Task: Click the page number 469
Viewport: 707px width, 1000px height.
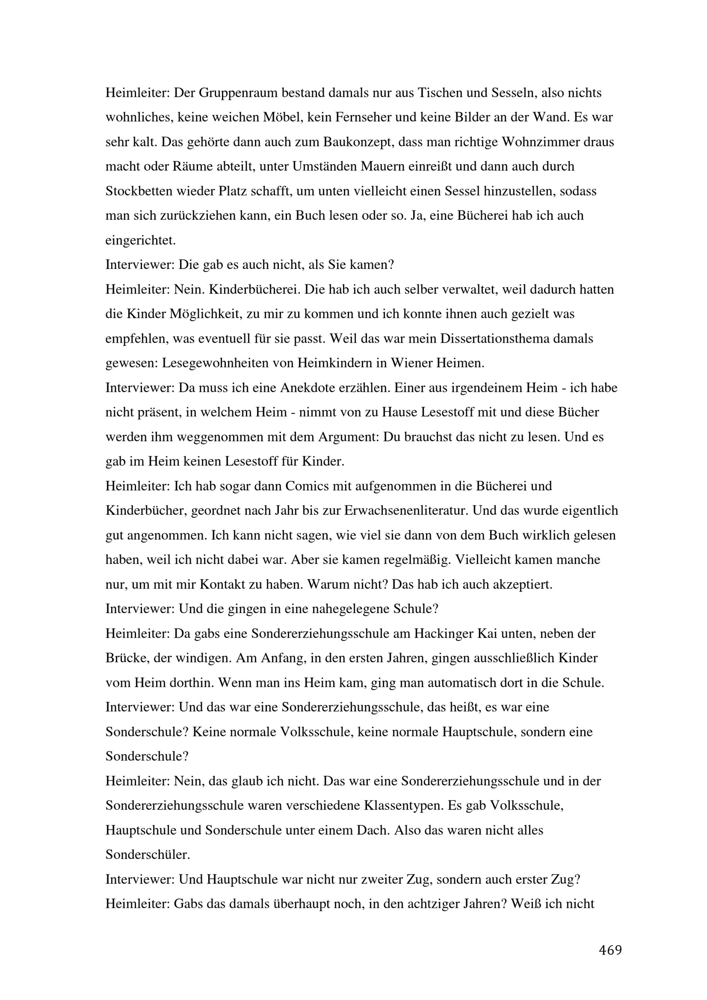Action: coord(610,950)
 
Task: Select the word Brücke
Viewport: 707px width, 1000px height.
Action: coord(127,658)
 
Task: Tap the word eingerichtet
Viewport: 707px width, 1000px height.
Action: coord(140,240)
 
